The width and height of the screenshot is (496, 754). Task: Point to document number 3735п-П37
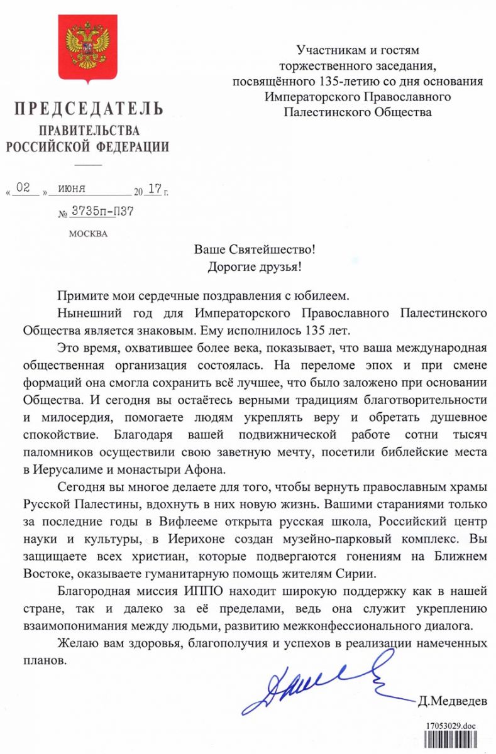click(101, 212)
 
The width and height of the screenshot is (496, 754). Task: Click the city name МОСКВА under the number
click(88, 234)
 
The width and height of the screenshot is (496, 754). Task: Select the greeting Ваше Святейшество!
click(255, 249)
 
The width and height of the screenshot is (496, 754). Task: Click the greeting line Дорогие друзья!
click(255, 266)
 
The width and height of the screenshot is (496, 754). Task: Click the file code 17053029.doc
click(451, 726)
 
